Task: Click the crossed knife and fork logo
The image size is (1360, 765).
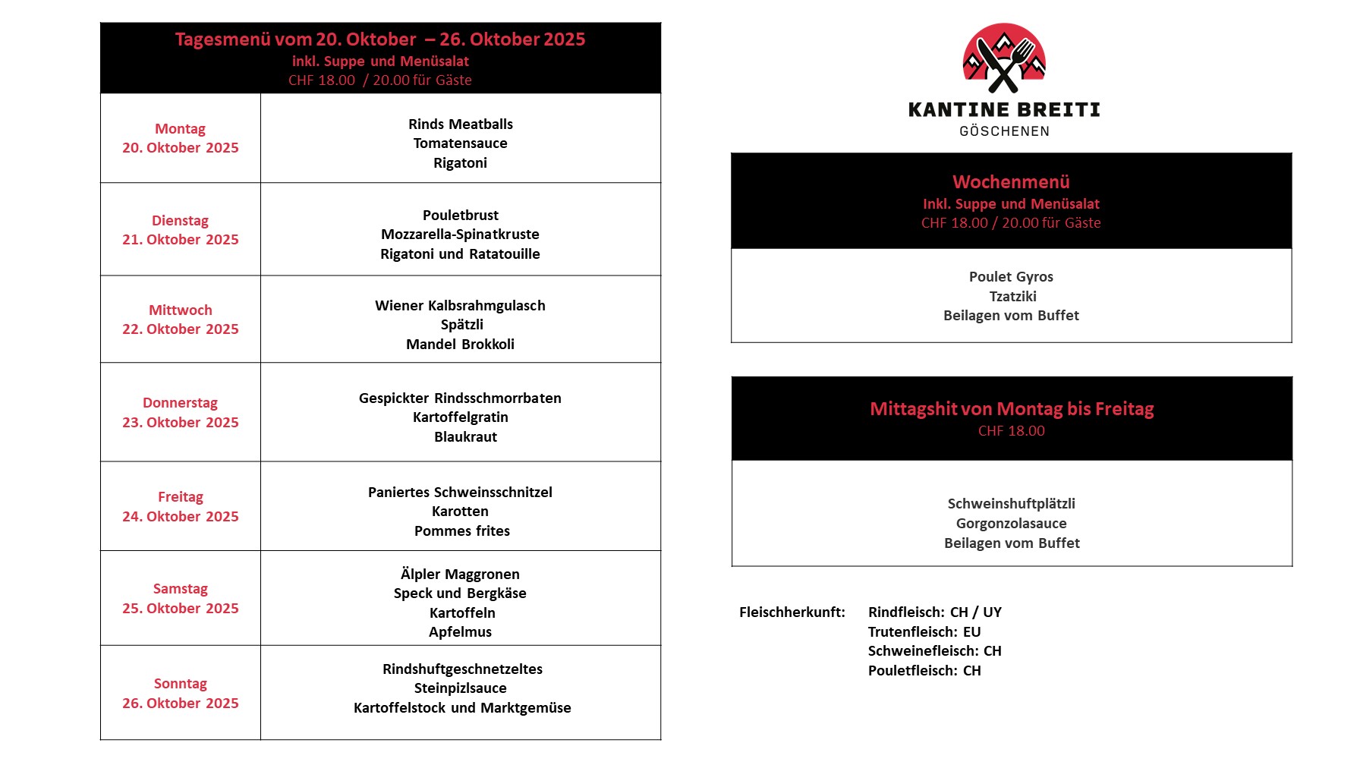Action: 1004,58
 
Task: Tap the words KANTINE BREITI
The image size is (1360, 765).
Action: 1004,110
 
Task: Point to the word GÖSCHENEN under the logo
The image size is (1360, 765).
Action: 1004,131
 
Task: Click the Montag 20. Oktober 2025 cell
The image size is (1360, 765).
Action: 181,138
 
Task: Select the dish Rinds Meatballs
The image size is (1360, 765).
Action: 460,124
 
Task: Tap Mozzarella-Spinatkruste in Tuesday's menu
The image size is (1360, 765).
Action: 460,235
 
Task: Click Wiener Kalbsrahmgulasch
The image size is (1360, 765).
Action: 460,305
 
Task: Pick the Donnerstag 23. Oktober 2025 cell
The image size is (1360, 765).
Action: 181,412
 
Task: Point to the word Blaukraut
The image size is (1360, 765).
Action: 465,436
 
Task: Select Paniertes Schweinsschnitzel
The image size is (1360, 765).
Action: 460,492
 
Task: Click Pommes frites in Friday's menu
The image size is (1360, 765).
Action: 461,530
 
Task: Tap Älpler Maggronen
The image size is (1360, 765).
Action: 460,574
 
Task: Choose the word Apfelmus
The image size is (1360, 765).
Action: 460,631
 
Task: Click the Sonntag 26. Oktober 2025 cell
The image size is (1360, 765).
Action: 181,693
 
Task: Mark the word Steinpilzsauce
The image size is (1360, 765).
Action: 460,688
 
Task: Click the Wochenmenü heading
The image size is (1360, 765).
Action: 1011,182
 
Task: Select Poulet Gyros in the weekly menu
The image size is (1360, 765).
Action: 1011,276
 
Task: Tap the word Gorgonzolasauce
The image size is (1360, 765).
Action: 1011,523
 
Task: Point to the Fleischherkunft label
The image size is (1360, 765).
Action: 792,612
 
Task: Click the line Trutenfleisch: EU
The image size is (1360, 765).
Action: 924,631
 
